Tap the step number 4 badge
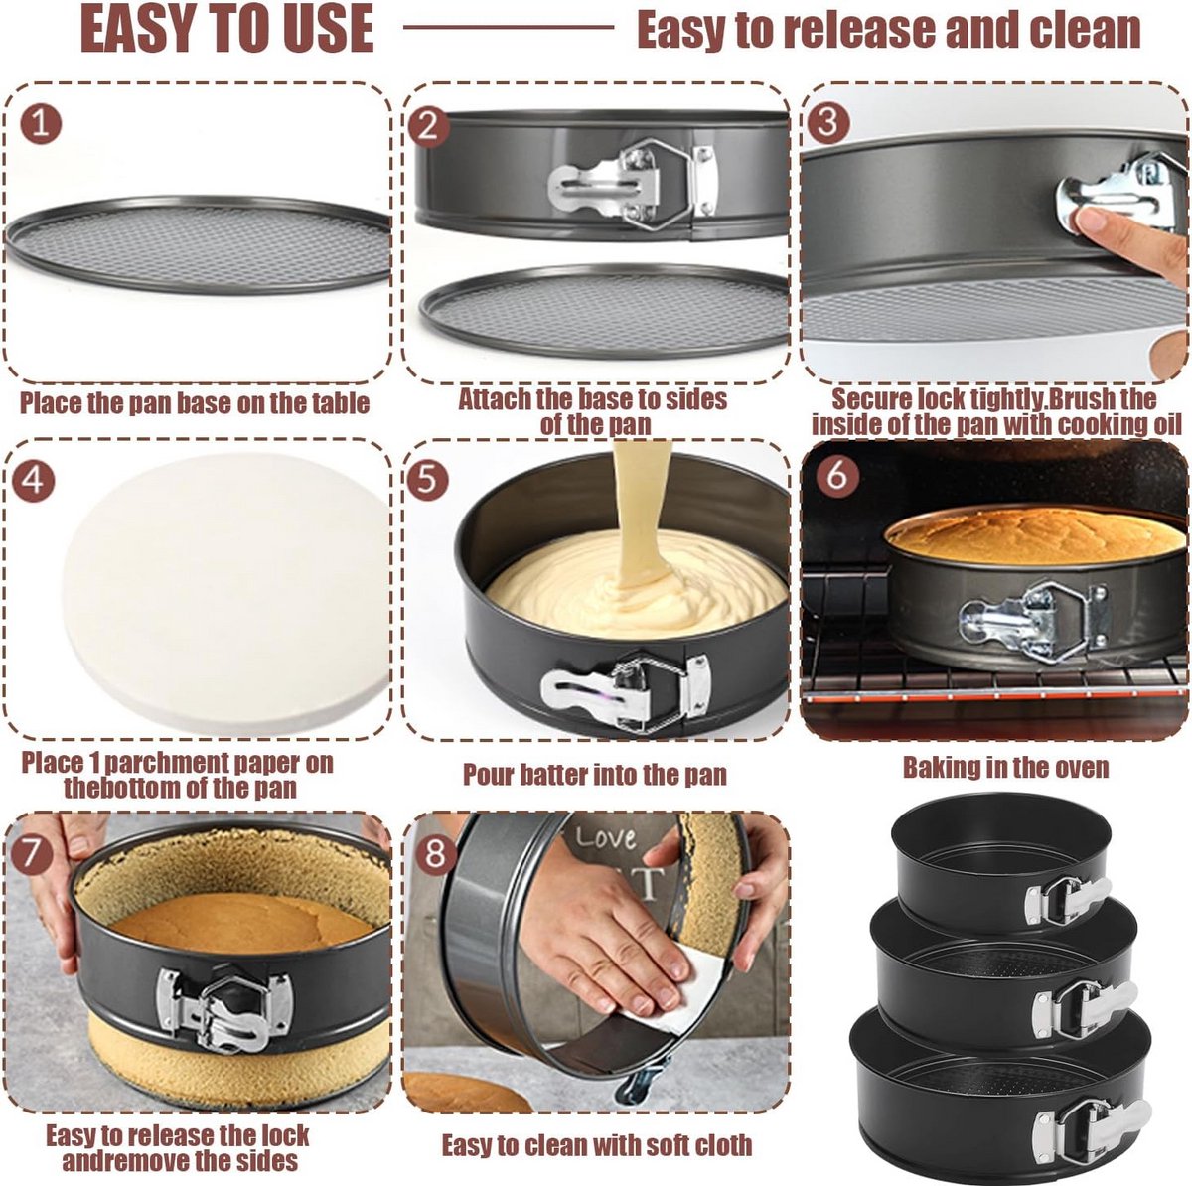pos(34,480)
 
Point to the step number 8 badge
pos(435,854)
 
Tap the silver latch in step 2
pos(632,182)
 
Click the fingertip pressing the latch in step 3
pos(1091,222)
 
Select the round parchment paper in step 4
pos(226,591)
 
